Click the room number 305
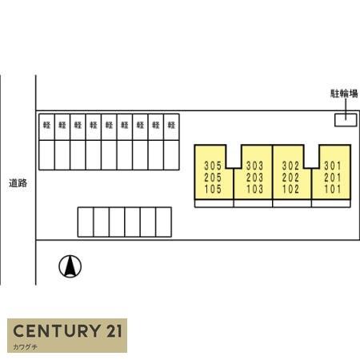coord(213,166)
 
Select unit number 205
coord(213,178)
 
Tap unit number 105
coord(213,189)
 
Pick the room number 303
coord(254,166)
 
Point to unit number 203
coord(254,178)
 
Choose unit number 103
coord(254,189)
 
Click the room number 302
coord(290,166)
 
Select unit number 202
coord(290,178)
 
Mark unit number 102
coord(290,189)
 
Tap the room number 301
coord(333,166)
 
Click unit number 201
coord(333,178)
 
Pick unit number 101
coord(333,189)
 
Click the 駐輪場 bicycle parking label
coord(344,94)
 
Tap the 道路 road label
coord(18,183)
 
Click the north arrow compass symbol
coord(70,266)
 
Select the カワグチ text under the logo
coord(25,347)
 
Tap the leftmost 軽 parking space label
coord(46,125)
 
